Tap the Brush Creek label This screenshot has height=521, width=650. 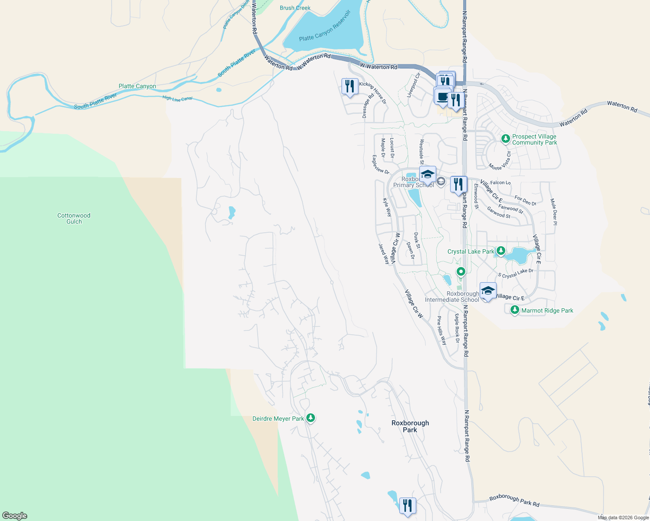295,8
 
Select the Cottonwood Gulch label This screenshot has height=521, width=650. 74,218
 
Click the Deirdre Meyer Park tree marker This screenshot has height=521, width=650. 310,418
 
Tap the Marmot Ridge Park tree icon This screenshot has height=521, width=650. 515,310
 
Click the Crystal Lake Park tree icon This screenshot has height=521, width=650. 501,251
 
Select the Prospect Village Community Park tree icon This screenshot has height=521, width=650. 505,139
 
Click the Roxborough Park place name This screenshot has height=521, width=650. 410,426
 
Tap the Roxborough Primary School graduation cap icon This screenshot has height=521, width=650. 428,174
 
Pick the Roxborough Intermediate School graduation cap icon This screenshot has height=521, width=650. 488,290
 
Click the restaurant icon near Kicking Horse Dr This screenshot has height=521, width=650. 350,86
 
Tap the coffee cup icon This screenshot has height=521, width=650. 442,96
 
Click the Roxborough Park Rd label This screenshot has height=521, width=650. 514,501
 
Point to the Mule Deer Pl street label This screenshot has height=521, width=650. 554,211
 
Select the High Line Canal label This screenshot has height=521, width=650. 177,98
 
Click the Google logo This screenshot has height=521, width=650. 15,515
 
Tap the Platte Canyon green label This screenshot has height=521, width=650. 137,86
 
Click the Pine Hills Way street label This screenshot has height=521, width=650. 441,330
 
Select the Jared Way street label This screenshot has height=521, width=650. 384,254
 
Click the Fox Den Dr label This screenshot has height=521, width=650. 525,201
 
